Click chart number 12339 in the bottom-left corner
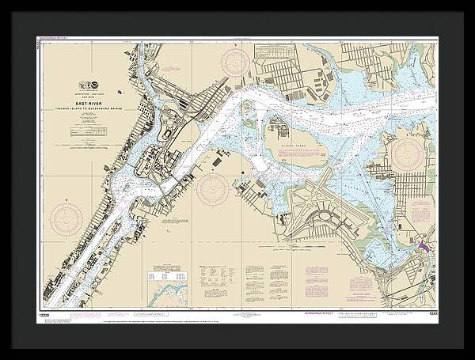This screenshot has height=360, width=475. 44,316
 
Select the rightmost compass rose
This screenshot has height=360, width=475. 411,150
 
